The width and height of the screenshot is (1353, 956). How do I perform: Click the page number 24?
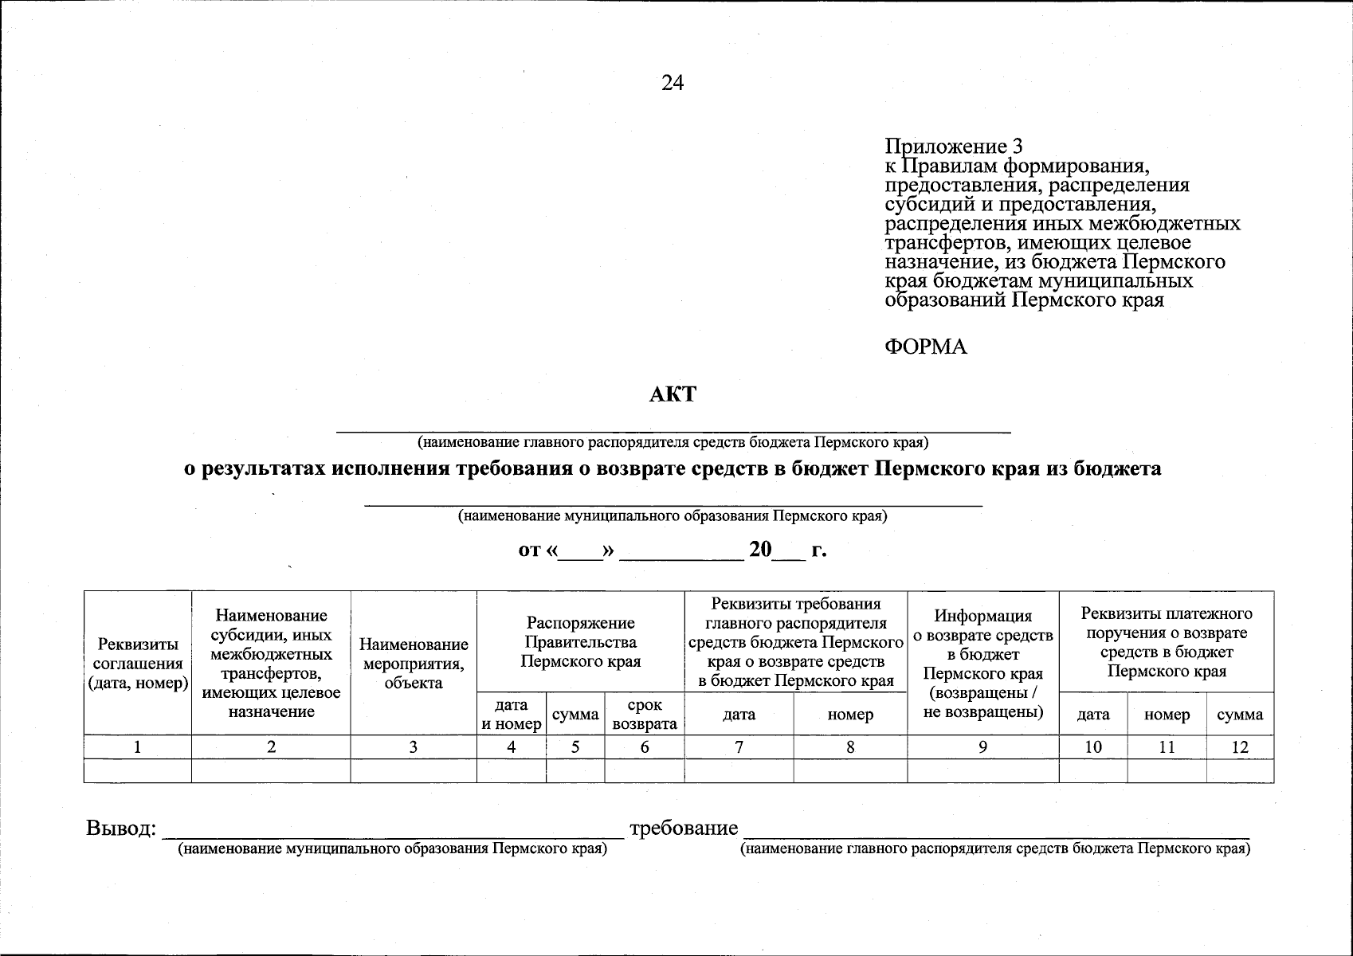pos(672,83)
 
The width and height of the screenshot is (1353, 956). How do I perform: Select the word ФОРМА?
pos(926,347)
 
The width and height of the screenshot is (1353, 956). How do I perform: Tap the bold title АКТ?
pos(673,394)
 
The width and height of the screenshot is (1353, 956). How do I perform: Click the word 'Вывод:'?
pos(120,829)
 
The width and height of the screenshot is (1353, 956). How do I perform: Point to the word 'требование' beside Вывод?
pos(684,829)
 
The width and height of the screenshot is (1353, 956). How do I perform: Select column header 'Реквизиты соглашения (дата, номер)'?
pos(138,663)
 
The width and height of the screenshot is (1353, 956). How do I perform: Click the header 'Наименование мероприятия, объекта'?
pos(414,663)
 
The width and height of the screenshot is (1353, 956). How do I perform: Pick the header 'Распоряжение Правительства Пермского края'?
pos(580,641)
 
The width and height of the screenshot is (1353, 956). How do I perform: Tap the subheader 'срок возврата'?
pos(644,715)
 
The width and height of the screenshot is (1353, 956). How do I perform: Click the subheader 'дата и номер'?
pos(511,715)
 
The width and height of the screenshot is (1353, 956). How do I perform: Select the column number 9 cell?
pos(982,747)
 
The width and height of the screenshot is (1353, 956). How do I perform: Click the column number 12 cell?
pos(1239,747)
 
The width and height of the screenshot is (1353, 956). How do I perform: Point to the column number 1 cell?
pos(138,747)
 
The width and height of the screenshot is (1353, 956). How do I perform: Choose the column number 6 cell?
pos(644,747)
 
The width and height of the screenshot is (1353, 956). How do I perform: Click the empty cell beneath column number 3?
pos(414,770)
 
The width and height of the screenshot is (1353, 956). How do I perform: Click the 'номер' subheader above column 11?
pos(1167,715)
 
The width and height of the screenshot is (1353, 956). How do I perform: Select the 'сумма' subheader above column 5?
pos(575,715)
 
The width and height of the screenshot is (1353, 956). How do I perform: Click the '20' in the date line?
pos(761,550)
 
